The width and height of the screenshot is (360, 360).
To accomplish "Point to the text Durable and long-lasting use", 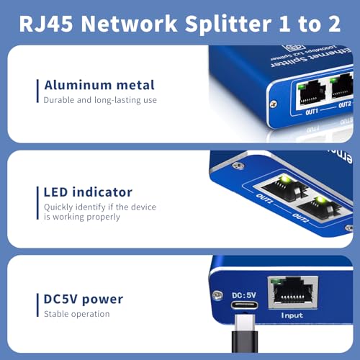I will click(x=100, y=100).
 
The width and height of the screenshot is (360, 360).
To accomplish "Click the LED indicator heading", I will click(x=88, y=192).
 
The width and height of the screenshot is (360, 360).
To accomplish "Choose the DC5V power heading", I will click(x=84, y=299).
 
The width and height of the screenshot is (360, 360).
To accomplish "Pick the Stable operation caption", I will click(x=77, y=314).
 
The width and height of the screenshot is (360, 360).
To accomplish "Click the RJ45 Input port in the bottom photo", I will click(x=287, y=292).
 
